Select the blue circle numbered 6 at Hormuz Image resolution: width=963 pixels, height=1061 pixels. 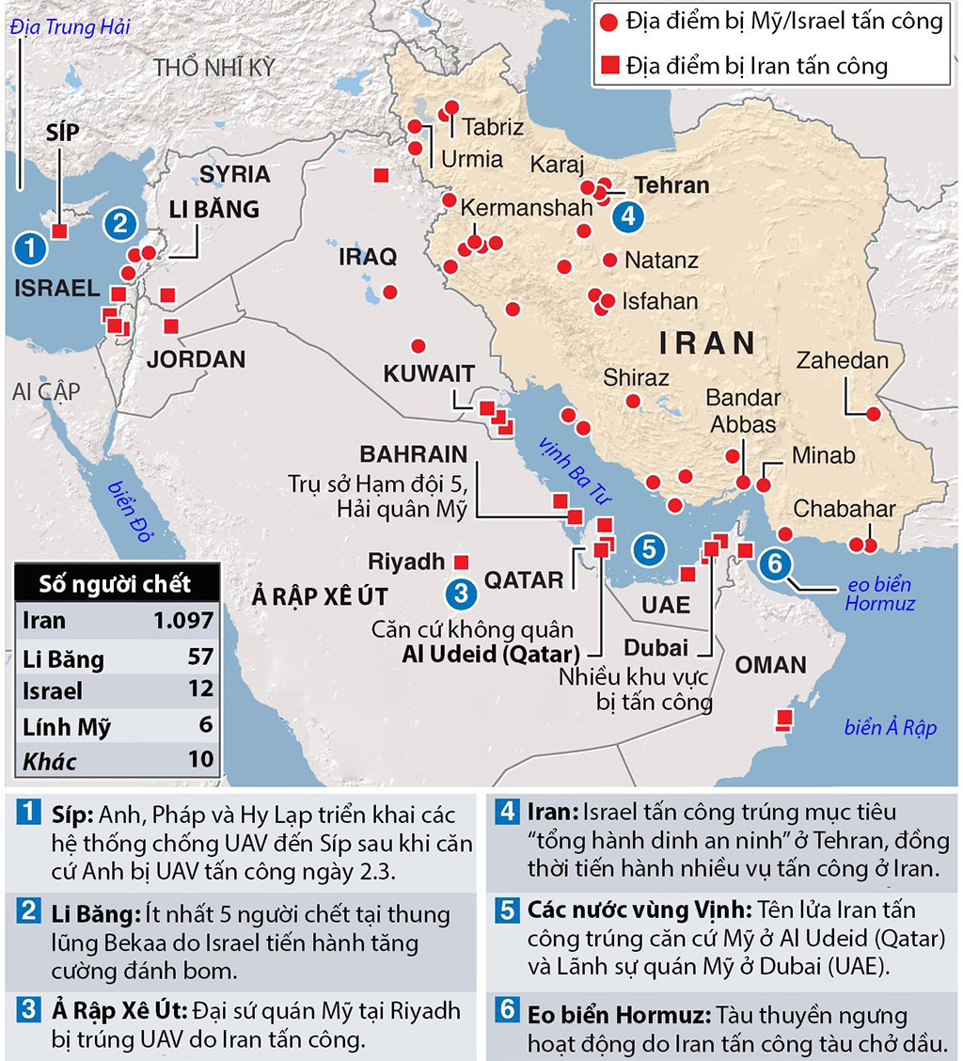775,564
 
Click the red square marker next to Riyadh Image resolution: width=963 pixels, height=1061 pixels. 461,562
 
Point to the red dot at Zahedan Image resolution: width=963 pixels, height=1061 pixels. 874,414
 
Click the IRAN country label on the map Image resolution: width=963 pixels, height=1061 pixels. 708,341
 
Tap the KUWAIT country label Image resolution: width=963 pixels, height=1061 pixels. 429,373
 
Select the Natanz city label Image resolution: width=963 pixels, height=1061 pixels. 661,260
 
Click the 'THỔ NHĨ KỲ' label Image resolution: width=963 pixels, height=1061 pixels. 214,68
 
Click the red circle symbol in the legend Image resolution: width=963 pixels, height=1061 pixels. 609,21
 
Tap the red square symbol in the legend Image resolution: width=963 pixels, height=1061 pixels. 609,65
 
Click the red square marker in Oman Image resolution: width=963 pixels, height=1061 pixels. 782,721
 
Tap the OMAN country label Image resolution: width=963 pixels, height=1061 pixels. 770,665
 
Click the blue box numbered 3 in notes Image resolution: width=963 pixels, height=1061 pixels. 31,1011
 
